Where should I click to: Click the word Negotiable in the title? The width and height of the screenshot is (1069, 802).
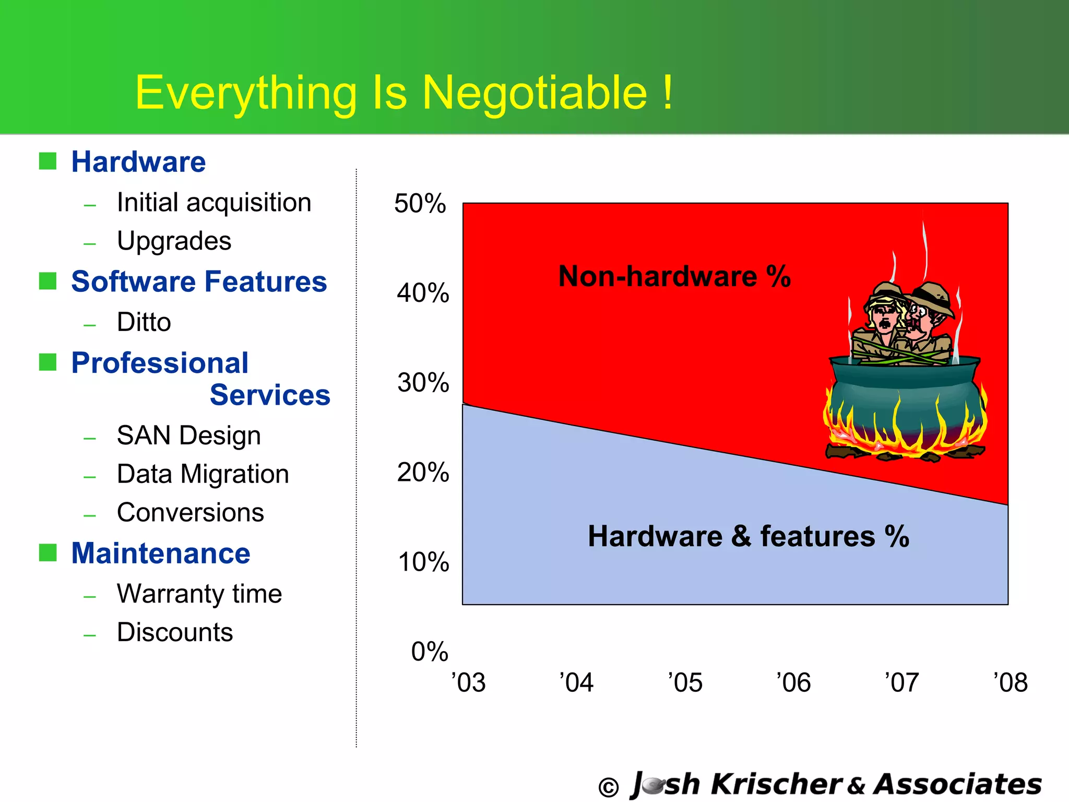[534, 93]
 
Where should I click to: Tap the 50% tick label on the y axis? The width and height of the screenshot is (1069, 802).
[420, 203]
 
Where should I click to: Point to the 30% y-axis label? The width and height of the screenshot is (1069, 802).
[423, 383]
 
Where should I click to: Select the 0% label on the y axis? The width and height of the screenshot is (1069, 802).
[430, 652]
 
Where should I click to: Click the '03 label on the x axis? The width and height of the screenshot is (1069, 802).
[469, 682]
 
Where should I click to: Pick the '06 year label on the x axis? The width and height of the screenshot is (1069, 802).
[793, 682]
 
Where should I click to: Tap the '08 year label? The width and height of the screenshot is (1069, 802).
[1011, 682]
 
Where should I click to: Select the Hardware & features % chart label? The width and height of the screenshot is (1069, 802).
[749, 536]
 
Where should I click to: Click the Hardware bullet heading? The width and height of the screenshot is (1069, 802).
[138, 162]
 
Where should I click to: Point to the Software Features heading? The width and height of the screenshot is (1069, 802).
[199, 282]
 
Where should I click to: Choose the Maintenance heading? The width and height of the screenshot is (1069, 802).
[161, 553]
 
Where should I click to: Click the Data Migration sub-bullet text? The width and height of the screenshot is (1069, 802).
[203, 474]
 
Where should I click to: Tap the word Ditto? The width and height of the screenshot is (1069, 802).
[144, 322]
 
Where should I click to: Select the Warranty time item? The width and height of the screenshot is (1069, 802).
[199, 594]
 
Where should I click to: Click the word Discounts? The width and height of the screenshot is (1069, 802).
[175, 632]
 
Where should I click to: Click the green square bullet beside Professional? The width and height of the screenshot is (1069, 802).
[48, 362]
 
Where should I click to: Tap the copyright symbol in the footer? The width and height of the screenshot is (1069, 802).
[608, 787]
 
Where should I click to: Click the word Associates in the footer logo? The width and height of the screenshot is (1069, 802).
[958, 784]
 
